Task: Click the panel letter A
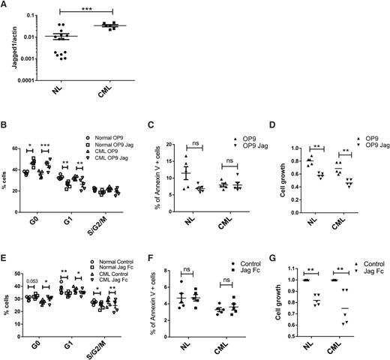pos(5,5)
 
